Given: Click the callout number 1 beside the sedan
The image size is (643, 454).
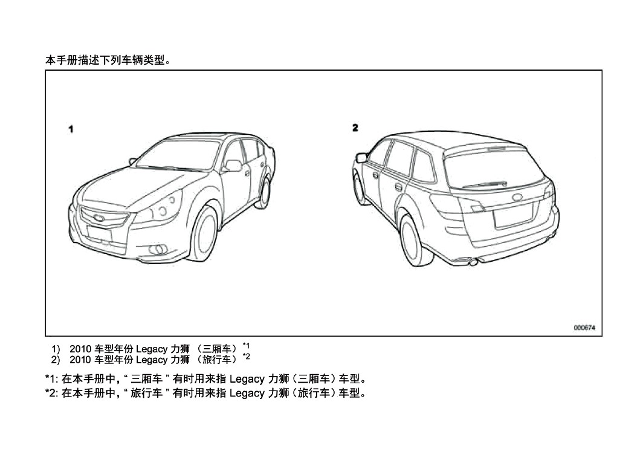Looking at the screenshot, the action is pyautogui.click(x=71, y=129).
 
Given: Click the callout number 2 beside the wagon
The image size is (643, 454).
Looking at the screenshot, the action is pyautogui.click(x=355, y=128).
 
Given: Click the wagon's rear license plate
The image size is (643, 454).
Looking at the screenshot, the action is pyautogui.click(x=514, y=217).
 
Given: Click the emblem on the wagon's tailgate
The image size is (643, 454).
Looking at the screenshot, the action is pyautogui.click(x=518, y=197).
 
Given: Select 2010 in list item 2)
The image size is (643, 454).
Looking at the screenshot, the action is pyautogui.click(x=80, y=360).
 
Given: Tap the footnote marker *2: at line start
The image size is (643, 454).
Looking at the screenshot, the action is pyautogui.click(x=53, y=394).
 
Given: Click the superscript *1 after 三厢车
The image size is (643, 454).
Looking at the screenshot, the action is pyautogui.click(x=246, y=345).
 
